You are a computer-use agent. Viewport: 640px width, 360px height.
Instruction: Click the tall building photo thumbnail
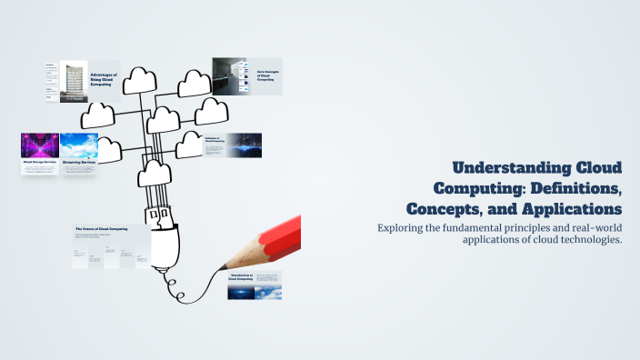click(x=74, y=82)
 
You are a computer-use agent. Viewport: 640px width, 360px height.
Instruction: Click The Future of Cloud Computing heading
click(x=101, y=229)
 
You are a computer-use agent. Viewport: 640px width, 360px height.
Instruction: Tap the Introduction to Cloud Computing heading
click(x=241, y=276)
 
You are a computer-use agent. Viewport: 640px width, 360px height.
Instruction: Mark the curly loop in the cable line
click(x=182, y=295)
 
